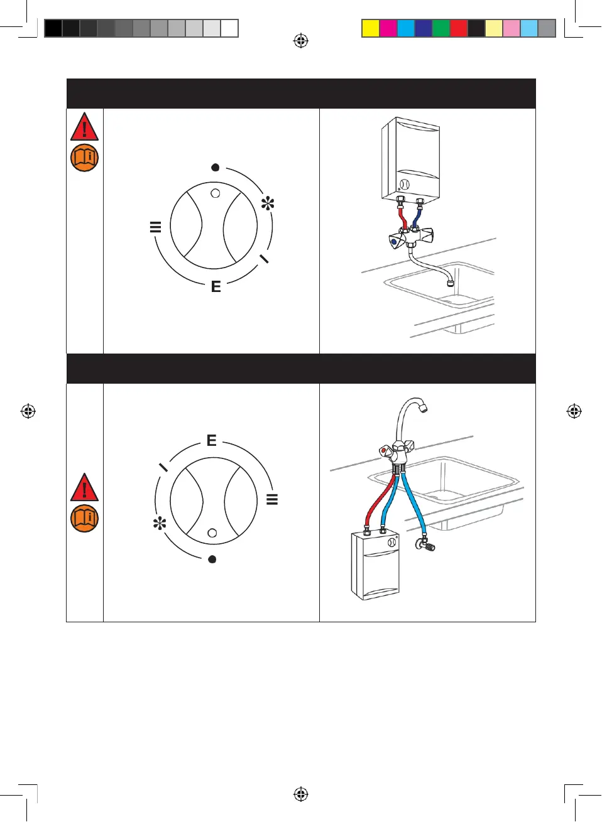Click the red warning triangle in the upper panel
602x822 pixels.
pyautogui.click(x=84, y=127)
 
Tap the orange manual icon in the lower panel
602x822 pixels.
pyautogui.click(x=84, y=519)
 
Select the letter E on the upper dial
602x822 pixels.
pyautogui.click(x=216, y=286)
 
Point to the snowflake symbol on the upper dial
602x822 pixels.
pyautogui.click(x=268, y=203)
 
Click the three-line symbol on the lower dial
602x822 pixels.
pyautogui.click(x=272, y=499)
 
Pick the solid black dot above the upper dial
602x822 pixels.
pyautogui.click(x=215, y=168)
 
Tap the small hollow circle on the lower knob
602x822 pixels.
pyautogui.click(x=212, y=533)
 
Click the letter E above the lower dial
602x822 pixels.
pyautogui.click(x=212, y=440)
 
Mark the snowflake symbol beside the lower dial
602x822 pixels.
pyautogui.click(x=160, y=523)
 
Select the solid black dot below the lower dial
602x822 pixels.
pyautogui.click(x=212, y=559)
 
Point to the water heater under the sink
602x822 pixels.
pyautogui.click(x=375, y=565)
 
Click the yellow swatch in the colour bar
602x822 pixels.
pyautogui.click(x=371, y=28)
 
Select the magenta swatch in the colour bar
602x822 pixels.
pyautogui.click(x=388, y=28)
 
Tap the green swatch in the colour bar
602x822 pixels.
pyautogui.click(x=441, y=28)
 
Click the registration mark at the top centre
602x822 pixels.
pyautogui.click(x=301, y=41)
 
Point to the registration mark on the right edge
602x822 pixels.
pyautogui.click(x=574, y=411)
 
